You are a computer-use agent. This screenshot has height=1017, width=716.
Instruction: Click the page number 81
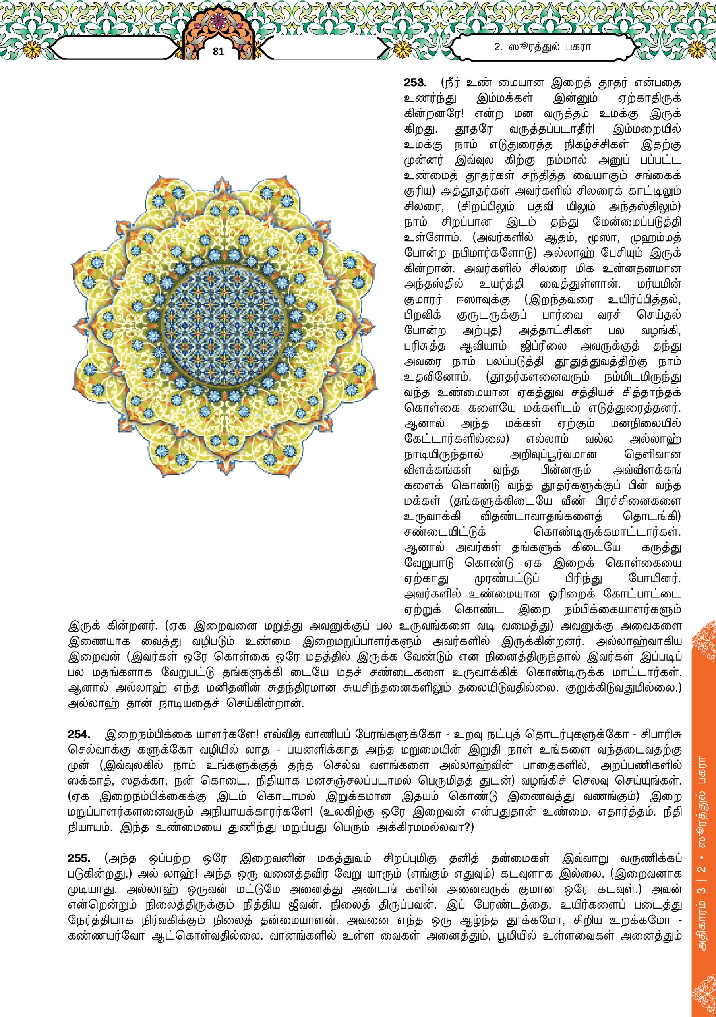[x=218, y=51]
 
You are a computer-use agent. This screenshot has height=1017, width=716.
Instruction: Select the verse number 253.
[x=415, y=83]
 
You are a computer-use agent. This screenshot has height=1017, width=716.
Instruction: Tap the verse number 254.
[x=79, y=735]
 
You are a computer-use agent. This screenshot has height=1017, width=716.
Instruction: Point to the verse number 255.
[x=79, y=858]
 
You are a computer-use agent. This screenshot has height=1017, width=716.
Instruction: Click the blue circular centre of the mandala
[x=223, y=326]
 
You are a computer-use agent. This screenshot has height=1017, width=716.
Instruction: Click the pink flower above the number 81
[x=218, y=19]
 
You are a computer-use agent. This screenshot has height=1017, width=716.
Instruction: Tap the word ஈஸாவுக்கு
[x=484, y=300]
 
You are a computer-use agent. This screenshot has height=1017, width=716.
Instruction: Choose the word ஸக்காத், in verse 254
[x=87, y=781]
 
